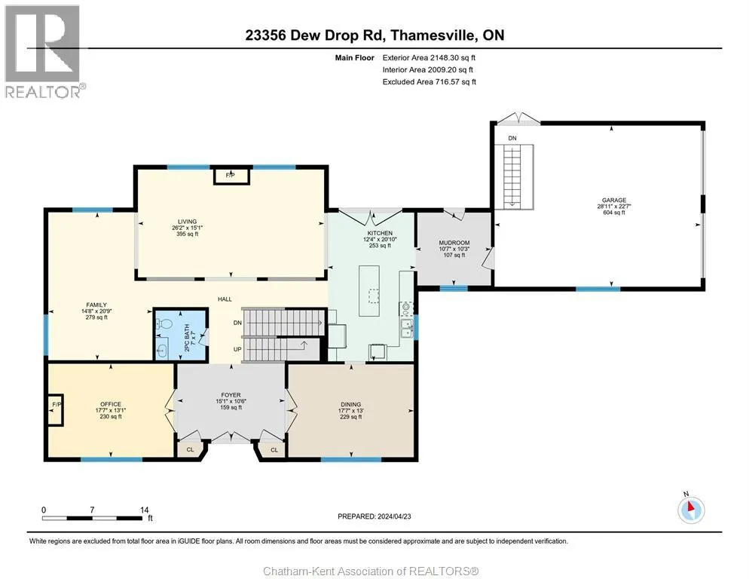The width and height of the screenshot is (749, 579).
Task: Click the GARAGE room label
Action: pyautogui.click(x=614, y=201)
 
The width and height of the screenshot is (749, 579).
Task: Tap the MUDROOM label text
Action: pyautogui.click(x=454, y=243)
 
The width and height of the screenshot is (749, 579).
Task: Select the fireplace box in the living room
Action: pyautogui.click(x=231, y=176)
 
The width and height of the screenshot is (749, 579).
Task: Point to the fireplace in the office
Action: pyautogui.click(x=56, y=409)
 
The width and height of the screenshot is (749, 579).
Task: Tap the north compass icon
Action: pyautogui.click(x=691, y=510)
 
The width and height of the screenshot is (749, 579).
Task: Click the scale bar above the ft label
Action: pyautogui.click(x=92, y=518)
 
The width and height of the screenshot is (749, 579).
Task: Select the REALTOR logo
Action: pyautogui.click(x=43, y=51)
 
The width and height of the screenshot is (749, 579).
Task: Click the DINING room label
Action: pyautogui.click(x=350, y=405)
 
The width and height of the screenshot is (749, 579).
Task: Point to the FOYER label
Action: pyautogui.click(x=231, y=395)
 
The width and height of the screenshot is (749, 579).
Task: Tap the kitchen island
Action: pyautogui.click(x=369, y=291)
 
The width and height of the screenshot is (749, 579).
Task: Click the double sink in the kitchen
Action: pyautogui.click(x=407, y=327)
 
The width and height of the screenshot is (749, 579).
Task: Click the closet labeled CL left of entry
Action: pyautogui.click(x=190, y=450)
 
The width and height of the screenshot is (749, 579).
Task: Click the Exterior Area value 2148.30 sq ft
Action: pyautogui.click(x=452, y=58)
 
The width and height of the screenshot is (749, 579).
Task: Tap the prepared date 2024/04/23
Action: pyautogui.click(x=394, y=516)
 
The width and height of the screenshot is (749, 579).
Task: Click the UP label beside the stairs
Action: pyautogui.click(x=237, y=349)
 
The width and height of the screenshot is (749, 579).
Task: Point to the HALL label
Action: pyautogui.click(x=225, y=299)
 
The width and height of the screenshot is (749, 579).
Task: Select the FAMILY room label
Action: pyautogui.click(x=96, y=305)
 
